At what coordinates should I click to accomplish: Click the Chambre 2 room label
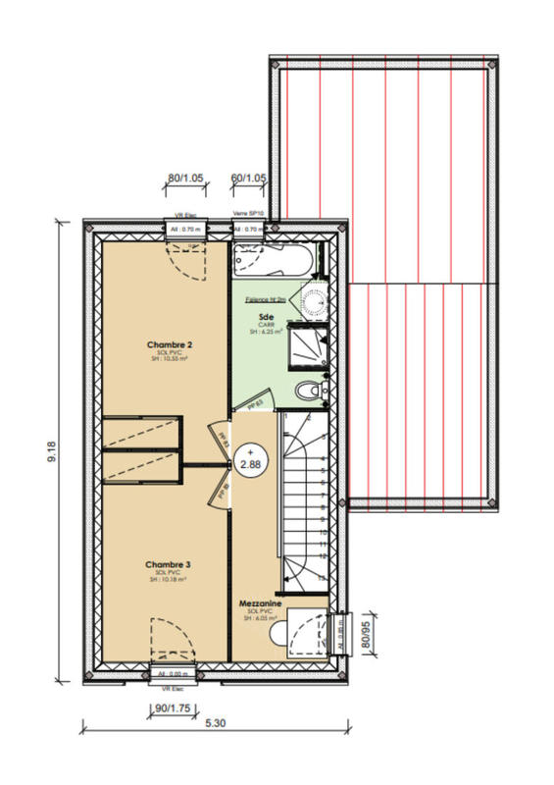(169, 345)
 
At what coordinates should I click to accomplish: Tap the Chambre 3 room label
(168, 565)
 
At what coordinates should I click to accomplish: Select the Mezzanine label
(260, 603)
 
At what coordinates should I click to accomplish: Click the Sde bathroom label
(265, 317)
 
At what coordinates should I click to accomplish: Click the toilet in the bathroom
(312, 390)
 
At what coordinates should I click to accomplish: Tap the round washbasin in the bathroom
(313, 299)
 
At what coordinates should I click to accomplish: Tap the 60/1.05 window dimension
(248, 179)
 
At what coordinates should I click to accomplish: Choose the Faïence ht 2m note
(265, 299)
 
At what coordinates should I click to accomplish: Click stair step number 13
(322, 580)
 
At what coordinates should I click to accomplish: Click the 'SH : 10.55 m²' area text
(169, 360)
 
